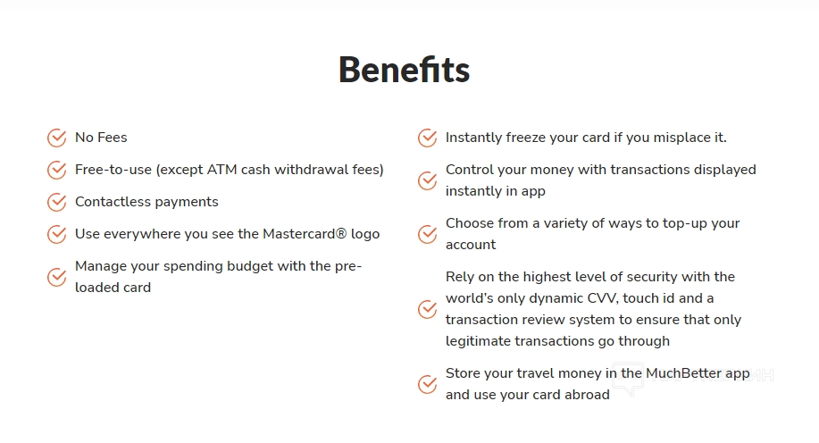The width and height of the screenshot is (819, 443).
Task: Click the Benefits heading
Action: coord(405,70)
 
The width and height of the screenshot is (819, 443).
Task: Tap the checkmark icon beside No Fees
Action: coord(57,138)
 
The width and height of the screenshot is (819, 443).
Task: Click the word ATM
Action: coord(222,170)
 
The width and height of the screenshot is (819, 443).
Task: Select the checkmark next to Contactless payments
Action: coord(57,202)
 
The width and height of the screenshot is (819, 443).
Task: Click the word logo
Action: coord(365,235)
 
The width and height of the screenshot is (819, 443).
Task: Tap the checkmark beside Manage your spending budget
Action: coord(57,277)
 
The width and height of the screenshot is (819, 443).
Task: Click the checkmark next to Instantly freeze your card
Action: coord(427,138)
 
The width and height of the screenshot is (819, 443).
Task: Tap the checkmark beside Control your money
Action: coord(427,180)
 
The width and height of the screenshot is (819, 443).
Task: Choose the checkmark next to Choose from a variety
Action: coord(427,234)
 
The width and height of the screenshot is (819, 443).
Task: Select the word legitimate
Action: coord(478,342)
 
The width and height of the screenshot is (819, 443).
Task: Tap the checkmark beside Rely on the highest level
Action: coord(427,309)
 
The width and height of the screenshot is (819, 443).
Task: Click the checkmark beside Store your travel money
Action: coord(427,384)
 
